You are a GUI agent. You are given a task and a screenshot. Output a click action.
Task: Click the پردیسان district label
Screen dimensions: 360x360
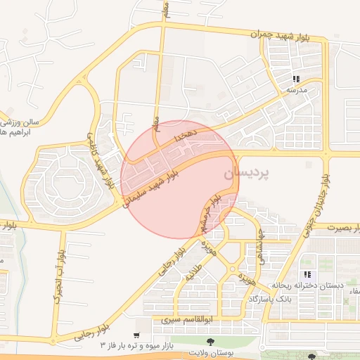[x=245, y=172]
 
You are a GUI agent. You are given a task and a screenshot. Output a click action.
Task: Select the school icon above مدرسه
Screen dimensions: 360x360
[x=296, y=79]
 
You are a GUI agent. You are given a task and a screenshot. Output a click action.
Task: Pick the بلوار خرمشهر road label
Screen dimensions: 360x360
[x=214, y=214]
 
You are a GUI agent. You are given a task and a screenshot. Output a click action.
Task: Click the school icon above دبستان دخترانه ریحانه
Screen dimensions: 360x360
[x=307, y=274]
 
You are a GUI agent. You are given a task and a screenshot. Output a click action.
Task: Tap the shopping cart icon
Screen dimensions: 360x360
[x=137, y=336]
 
